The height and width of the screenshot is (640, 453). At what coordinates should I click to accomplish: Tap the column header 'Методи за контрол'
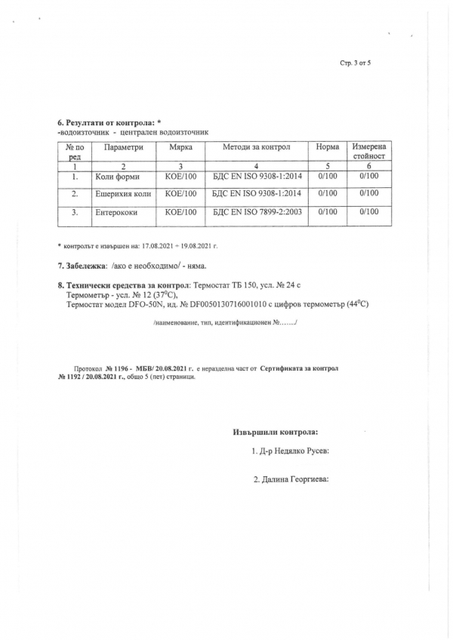[x=256, y=146]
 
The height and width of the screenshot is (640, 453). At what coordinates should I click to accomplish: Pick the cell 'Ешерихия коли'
[x=123, y=194]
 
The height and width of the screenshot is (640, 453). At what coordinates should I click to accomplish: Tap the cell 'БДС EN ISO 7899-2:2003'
[x=257, y=212]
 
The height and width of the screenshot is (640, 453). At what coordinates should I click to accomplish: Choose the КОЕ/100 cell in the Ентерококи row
[x=180, y=212]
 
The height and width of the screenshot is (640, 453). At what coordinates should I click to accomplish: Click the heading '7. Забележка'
[x=82, y=266]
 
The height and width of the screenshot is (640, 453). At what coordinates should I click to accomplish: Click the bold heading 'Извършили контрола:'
[x=275, y=432]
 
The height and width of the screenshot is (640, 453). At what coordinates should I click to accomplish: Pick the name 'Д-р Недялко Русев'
[x=294, y=451]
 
